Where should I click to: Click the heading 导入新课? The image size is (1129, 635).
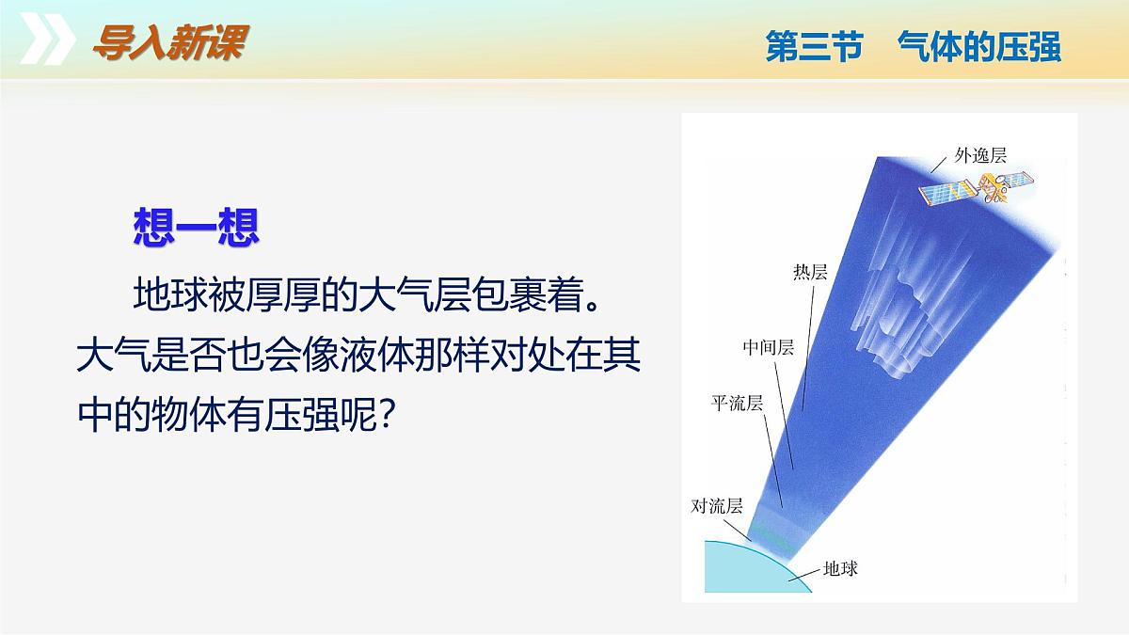[171, 43]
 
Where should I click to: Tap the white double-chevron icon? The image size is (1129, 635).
[47, 39]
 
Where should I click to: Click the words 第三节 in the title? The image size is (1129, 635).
[815, 46]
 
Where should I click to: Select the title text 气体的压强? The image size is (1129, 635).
[979, 46]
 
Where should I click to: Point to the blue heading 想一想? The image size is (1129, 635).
[197, 228]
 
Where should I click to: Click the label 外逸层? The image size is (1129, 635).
[980, 155]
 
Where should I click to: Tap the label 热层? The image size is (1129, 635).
[810, 272]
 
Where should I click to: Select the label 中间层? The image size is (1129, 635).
[769, 347]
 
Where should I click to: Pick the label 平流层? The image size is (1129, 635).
[737, 404]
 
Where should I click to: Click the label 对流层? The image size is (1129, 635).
[717, 505]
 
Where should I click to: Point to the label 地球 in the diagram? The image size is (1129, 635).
[840, 568]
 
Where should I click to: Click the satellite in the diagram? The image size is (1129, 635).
[977, 187]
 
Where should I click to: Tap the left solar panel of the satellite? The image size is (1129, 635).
[947, 193]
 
